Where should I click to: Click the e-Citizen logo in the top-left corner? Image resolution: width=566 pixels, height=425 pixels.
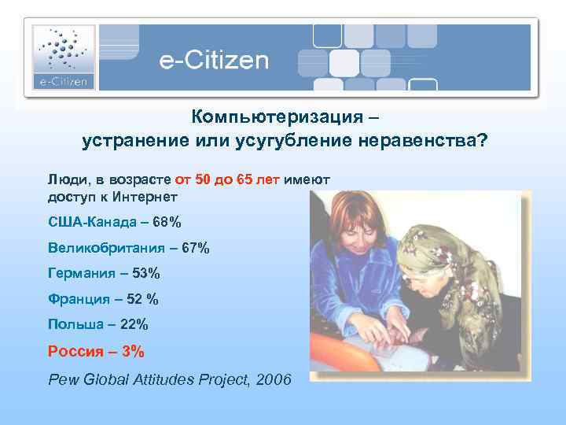tap(64, 57)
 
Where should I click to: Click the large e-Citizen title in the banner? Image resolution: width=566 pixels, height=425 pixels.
tap(214, 61)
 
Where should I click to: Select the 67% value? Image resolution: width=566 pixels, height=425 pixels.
tap(195, 248)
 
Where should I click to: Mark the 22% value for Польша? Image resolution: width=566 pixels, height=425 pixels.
tap(133, 323)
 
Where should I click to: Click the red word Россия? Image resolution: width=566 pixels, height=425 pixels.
tap(75, 350)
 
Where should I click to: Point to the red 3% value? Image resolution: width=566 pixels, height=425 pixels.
tap(132, 350)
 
